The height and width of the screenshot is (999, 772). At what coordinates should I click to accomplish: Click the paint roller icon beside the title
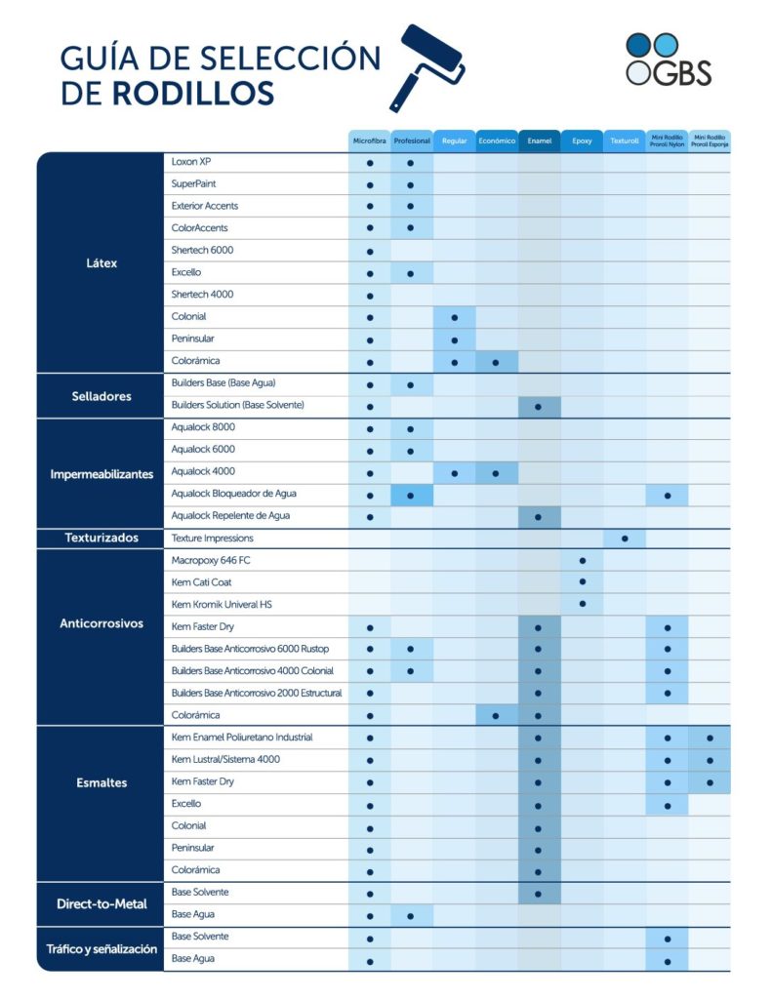coord(426,65)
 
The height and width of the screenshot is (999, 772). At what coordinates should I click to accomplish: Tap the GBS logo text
coord(682,73)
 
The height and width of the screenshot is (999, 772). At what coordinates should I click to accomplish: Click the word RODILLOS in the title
coord(192,94)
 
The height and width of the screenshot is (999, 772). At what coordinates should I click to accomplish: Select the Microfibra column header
coord(370,141)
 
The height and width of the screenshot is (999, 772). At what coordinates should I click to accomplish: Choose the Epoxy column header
coord(582,141)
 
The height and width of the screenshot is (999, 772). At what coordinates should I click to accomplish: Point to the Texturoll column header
coord(625,141)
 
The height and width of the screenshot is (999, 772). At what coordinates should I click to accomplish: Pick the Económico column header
coord(497,141)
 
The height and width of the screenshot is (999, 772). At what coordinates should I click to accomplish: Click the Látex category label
coord(101,263)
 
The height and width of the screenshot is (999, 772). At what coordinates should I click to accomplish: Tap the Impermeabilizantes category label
coord(102,474)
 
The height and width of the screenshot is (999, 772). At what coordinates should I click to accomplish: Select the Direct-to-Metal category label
coord(101,903)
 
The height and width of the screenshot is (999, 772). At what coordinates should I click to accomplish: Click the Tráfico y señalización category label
coord(102,948)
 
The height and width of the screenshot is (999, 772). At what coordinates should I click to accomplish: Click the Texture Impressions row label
coord(212,538)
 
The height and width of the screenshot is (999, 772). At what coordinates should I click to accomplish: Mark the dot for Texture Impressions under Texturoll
coord(625,539)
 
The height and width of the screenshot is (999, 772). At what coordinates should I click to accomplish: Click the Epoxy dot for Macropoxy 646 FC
coord(582,561)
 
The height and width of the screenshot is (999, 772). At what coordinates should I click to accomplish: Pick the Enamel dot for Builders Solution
coord(539,406)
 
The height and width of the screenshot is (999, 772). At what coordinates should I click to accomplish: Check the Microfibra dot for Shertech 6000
coord(370,252)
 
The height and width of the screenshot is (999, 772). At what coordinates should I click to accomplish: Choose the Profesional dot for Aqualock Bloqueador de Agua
coord(411,496)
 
